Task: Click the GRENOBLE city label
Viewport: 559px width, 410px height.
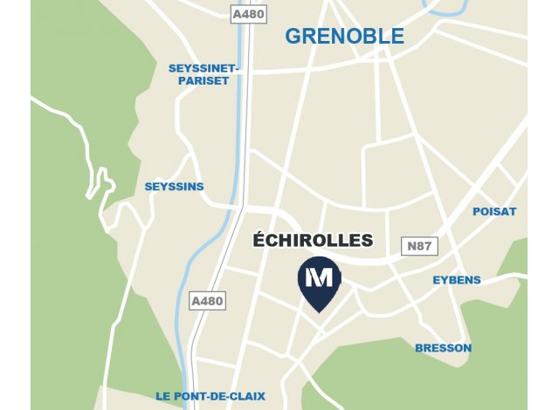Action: click(345, 37)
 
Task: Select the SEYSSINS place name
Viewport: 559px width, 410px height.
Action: click(175, 187)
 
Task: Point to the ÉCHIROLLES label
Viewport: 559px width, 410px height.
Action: click(312, 240)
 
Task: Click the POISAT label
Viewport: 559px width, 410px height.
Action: click(494, 212)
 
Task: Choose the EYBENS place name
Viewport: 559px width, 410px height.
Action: click(457, 280)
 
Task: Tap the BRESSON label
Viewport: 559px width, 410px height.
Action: click(443, 348)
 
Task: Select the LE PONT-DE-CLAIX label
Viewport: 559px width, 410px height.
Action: click(210, 396)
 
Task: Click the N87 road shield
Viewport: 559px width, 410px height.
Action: click(418, 247)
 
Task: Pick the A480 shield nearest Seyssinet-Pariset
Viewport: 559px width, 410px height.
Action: click(248, 15)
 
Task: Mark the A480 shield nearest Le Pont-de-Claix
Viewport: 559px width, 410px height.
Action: click(207, 301)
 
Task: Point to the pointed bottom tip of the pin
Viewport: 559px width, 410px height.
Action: click(320, 311)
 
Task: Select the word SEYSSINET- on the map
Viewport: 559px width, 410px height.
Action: click(204, 68)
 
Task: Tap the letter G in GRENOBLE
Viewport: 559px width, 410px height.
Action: click(293, 37)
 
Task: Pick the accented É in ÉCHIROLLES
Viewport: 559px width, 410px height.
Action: click(258, 240)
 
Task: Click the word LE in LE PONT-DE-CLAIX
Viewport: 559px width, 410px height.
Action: click(163, 396)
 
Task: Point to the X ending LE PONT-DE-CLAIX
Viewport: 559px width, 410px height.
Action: click(261, 396)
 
